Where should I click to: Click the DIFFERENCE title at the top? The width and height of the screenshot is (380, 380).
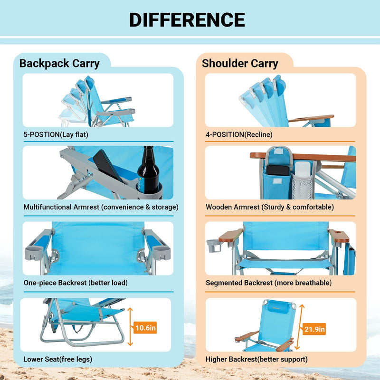pos(187,19)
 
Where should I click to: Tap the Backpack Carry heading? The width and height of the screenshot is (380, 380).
pos(59,63)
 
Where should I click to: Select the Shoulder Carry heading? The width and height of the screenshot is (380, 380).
pos(240,63)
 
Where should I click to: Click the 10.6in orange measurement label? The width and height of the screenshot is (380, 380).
pos(145,327)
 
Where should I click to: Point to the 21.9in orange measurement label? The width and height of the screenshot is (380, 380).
pos(314,329)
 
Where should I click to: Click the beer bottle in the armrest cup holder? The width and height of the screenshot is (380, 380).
pos(147,173)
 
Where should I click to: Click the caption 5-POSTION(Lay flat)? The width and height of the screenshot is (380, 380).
pos(56,134)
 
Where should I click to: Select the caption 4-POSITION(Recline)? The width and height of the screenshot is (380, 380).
pos(239,134)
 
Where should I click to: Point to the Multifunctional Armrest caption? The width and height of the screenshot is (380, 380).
pos(101,207)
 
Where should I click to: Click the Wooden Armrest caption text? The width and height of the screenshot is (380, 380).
pos(269,207)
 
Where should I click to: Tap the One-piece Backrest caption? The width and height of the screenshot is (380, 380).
pos(76,283)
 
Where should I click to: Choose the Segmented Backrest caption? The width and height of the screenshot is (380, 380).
pos(268,283)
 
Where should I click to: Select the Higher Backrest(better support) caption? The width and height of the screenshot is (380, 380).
pos(256,359)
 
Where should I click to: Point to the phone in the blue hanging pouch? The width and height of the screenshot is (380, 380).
pos(277,170)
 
